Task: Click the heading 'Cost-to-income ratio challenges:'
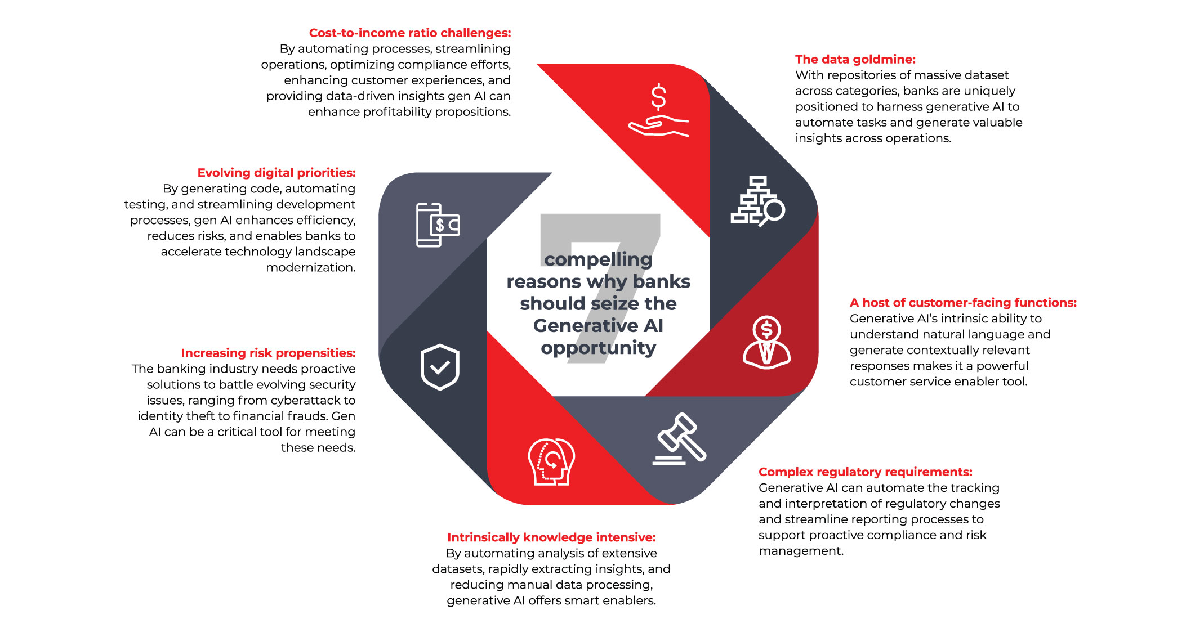coord(409,33)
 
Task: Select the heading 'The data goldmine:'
coord(855,59)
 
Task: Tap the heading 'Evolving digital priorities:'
coord(276,173)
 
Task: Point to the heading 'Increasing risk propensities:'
coord(268,353)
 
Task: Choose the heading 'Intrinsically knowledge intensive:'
coord(551,537)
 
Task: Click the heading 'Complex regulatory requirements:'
coord(865,472)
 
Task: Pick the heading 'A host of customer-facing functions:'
coord(962,303)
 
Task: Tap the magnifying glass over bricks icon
coord(757,201)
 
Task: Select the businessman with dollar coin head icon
coord(766,342)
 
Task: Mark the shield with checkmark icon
coord(440,367)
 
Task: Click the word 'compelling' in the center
coord(598,259)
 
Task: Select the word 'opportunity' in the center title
coord(598,348)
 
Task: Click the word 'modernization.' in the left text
coord(310,267)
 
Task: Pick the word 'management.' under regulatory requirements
coord(801,551)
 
